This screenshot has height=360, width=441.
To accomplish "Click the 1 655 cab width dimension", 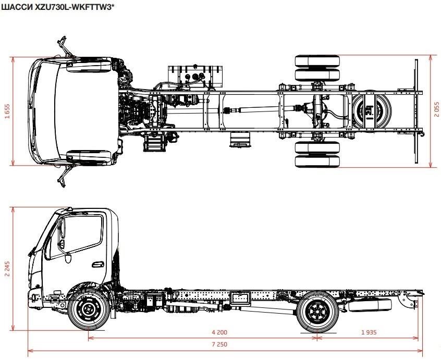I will (7, 111).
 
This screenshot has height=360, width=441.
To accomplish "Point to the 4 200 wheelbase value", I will (219, 332).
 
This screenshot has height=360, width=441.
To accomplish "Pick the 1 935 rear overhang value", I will (369, 332).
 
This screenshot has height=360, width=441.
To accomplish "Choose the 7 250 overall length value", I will (219, 345).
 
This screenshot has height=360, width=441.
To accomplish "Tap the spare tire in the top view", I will (371, 110).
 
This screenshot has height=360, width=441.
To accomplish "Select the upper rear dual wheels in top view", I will (317, 67).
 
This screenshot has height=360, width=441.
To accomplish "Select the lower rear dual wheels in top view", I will (317, 154).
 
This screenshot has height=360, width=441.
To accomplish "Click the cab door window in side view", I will (81, 237).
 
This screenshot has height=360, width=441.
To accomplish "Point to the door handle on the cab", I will (95, 264).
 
